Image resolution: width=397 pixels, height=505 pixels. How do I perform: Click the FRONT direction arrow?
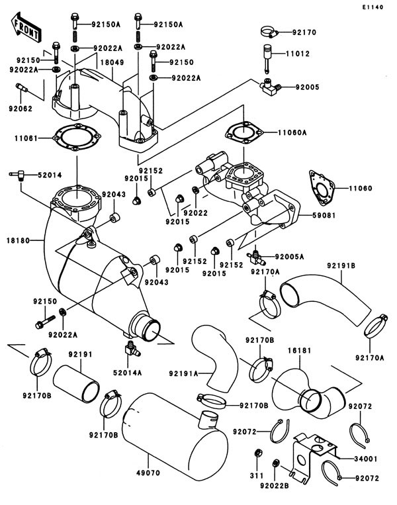(26, 28)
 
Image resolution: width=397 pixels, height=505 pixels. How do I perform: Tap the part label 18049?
(112, 62)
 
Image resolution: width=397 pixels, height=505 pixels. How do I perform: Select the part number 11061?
(26, 138)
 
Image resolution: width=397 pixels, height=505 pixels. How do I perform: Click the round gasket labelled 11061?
(77, 138)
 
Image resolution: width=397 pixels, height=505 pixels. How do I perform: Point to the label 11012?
(298, 54)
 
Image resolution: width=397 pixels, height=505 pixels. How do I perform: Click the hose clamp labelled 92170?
(269, 32)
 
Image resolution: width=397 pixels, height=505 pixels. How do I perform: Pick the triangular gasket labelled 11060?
(322, 188)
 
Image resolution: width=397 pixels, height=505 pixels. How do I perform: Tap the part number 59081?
(324, 215)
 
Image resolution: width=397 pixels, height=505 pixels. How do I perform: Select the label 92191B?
(341, 265)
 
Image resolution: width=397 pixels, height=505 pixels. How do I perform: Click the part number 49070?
(148, 473)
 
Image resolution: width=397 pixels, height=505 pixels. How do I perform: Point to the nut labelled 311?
(257, 453)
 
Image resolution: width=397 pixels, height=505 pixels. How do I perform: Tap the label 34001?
(365, 459)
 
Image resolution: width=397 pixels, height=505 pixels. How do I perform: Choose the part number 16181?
(300, 350)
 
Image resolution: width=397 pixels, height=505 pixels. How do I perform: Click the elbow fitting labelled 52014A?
(132, 348)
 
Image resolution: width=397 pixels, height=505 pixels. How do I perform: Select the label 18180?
(18, 240)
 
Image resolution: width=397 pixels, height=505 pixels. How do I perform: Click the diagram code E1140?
(373, 7)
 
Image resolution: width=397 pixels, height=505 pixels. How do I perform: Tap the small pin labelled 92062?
(21, 87)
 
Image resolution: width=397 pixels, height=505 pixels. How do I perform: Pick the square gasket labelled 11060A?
(244, 132)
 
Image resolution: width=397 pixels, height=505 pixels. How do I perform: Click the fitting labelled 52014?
(18, 175)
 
